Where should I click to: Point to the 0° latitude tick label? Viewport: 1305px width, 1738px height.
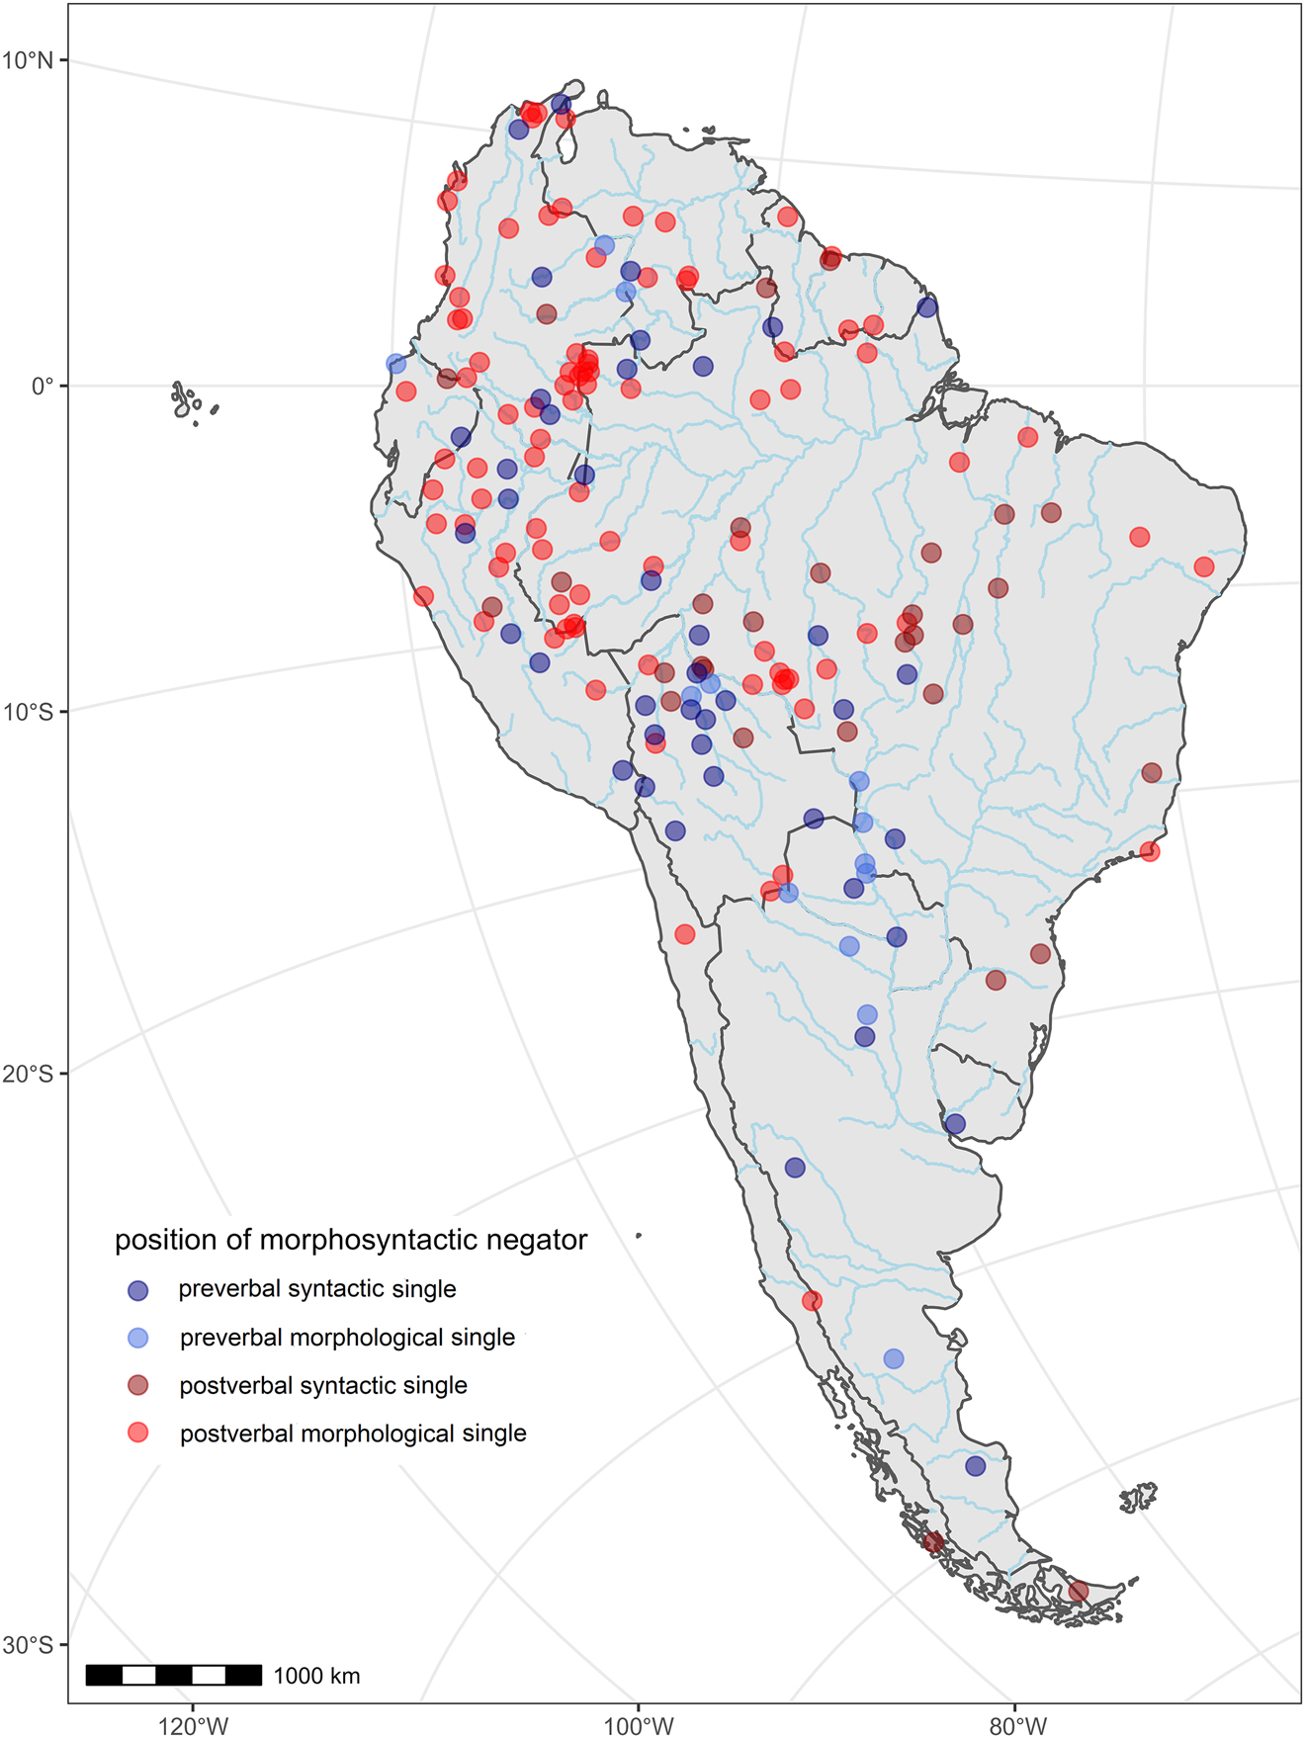(42, 386)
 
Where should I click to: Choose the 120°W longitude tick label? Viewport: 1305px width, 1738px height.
(193, 1726)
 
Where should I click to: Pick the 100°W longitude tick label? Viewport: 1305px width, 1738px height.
(639, 1726)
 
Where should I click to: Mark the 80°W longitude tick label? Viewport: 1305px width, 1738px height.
(1017, 1726)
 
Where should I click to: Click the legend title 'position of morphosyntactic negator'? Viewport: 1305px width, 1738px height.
(351, 1240)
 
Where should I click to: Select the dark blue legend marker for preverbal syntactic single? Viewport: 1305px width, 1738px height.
(138, 1290)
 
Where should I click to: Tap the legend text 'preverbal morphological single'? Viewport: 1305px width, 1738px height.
(347, 1338)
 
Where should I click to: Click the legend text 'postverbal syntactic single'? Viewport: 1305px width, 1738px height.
(323, 1386)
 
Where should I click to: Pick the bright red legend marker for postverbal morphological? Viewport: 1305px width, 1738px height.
(138, 1433)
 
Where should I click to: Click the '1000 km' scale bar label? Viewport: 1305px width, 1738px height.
(316, 1676)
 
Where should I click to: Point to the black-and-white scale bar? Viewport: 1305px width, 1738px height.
(174, 1675)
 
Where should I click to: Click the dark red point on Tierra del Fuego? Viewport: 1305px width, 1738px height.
(1078, 1592)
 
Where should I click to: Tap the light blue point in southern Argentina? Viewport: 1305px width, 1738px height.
(894, 1358)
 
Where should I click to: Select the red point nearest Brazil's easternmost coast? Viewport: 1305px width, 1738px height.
(1203, 566)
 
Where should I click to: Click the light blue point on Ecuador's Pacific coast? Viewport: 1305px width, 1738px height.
(395, 364)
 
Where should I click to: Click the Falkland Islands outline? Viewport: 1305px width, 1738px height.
(1139, 1498)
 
